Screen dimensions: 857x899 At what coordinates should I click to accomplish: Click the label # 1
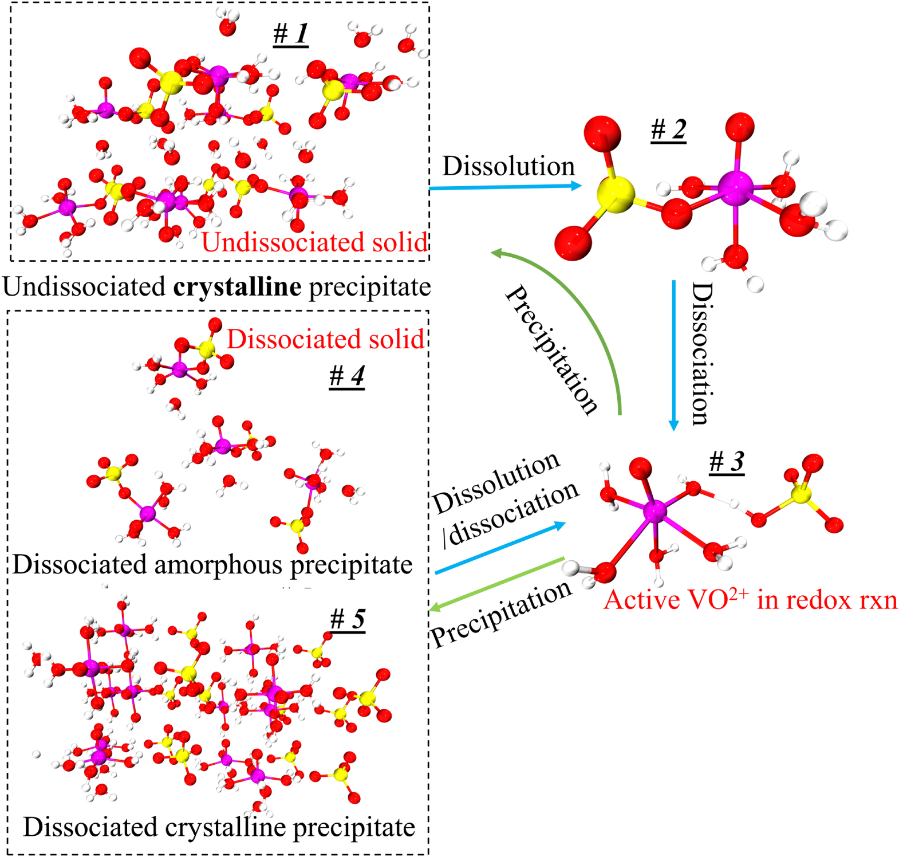pos(291,34)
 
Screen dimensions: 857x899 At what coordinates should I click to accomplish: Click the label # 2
pos(668,130)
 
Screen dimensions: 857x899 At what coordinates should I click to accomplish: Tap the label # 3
pos(727,461)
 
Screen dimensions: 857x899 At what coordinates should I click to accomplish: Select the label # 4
pos(347,376)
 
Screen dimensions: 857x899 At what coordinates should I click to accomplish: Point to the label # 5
pos(348,619)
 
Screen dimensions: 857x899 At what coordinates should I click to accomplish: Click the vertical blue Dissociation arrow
pos(674,355)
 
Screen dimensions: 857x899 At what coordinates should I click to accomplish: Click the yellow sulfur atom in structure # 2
pos(615,195)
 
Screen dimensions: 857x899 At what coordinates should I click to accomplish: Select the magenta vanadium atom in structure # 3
pos(654,511)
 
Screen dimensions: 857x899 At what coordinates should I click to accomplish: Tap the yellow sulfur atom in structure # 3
pos(801,494)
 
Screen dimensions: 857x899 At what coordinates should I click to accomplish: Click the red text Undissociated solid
pos(314,242)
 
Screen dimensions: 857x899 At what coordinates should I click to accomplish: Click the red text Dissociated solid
pos(325,339)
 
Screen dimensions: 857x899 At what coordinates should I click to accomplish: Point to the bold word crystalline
pos(237,286)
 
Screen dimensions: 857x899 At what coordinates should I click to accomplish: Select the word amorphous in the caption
pos(219,565)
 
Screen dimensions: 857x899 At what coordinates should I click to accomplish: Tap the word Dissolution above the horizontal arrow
pos(508,166)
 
